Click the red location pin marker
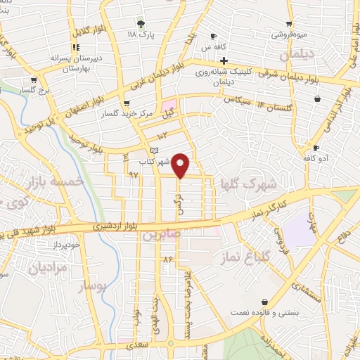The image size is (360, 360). click(181, 165)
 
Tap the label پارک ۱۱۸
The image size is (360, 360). click(141, 33)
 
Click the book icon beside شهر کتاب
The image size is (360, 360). click(155, 151)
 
